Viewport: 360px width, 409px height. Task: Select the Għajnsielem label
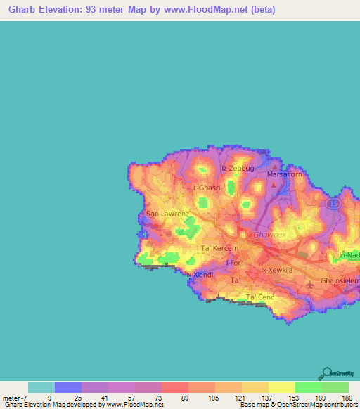pyautogui.click(x=340, y=280)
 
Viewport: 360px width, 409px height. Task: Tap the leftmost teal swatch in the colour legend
pyautogui.click(x=41, y=387)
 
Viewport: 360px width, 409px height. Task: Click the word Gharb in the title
pyautogui.click(x=19, y=10)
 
